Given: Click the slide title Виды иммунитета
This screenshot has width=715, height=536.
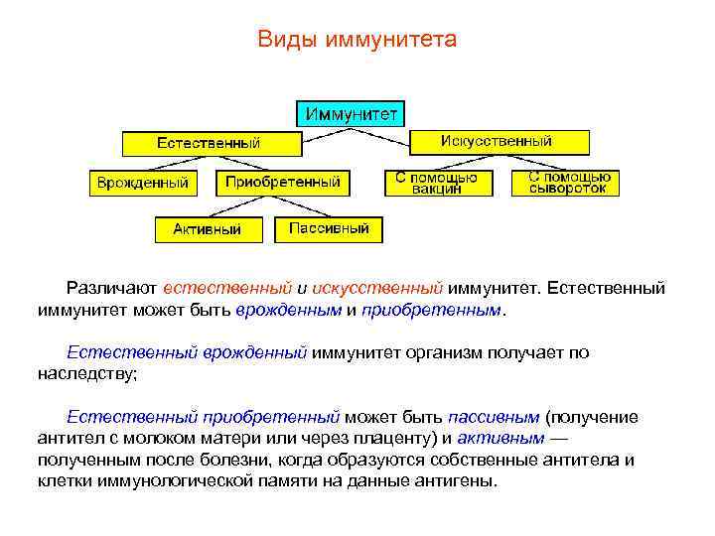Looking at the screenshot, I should [357, 40].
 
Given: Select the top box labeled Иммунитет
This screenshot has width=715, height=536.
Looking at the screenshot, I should [352, 112].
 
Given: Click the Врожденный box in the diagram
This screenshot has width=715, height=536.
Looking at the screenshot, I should [142, 183].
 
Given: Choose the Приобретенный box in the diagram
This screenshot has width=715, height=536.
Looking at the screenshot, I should [283, 182].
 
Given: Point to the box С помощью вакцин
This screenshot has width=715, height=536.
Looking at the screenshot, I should [436, 183].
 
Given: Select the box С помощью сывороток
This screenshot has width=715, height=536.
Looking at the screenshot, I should [567, 183].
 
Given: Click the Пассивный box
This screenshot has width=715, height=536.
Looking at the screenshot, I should [329, 228].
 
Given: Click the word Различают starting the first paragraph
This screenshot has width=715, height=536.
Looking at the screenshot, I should [111, 289].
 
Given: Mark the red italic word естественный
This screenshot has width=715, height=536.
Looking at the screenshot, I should [227, 289].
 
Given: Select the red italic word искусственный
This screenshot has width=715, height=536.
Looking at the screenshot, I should [376, 289].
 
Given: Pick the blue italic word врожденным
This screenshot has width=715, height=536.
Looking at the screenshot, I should [289, 310].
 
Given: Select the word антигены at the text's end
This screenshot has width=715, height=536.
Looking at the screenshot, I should [456, 481].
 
